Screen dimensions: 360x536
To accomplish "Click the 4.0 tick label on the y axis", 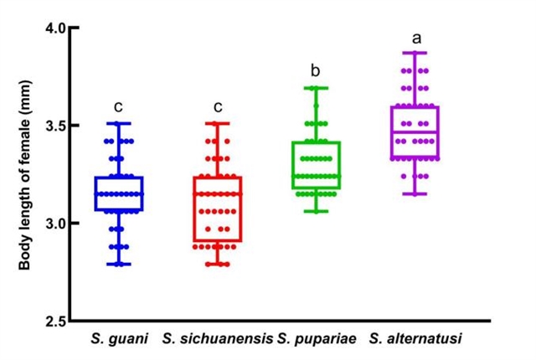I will [x=54, y=28].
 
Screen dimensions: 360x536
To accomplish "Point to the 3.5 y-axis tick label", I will [x=54, y=126].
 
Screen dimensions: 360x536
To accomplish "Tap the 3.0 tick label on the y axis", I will [x=54, y=224].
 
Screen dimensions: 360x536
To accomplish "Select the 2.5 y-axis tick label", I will [x=54, y=321].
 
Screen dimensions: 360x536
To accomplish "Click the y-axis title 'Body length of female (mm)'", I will [x=24, y=176].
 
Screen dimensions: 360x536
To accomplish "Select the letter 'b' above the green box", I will [x=316, y=71].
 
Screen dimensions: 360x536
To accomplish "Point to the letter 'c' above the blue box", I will [x=118, y=106].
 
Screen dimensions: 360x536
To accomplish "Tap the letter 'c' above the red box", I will [x=218, y=106].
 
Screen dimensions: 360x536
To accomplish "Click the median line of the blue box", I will [x=118, y=194].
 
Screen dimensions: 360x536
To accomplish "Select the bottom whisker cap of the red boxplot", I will [x=218, y=265].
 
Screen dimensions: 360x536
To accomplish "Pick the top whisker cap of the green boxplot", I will [x=316, y=87].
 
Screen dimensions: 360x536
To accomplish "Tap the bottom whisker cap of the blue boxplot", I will [x=118, y=265].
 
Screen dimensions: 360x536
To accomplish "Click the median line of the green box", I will [x=316, y=177].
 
